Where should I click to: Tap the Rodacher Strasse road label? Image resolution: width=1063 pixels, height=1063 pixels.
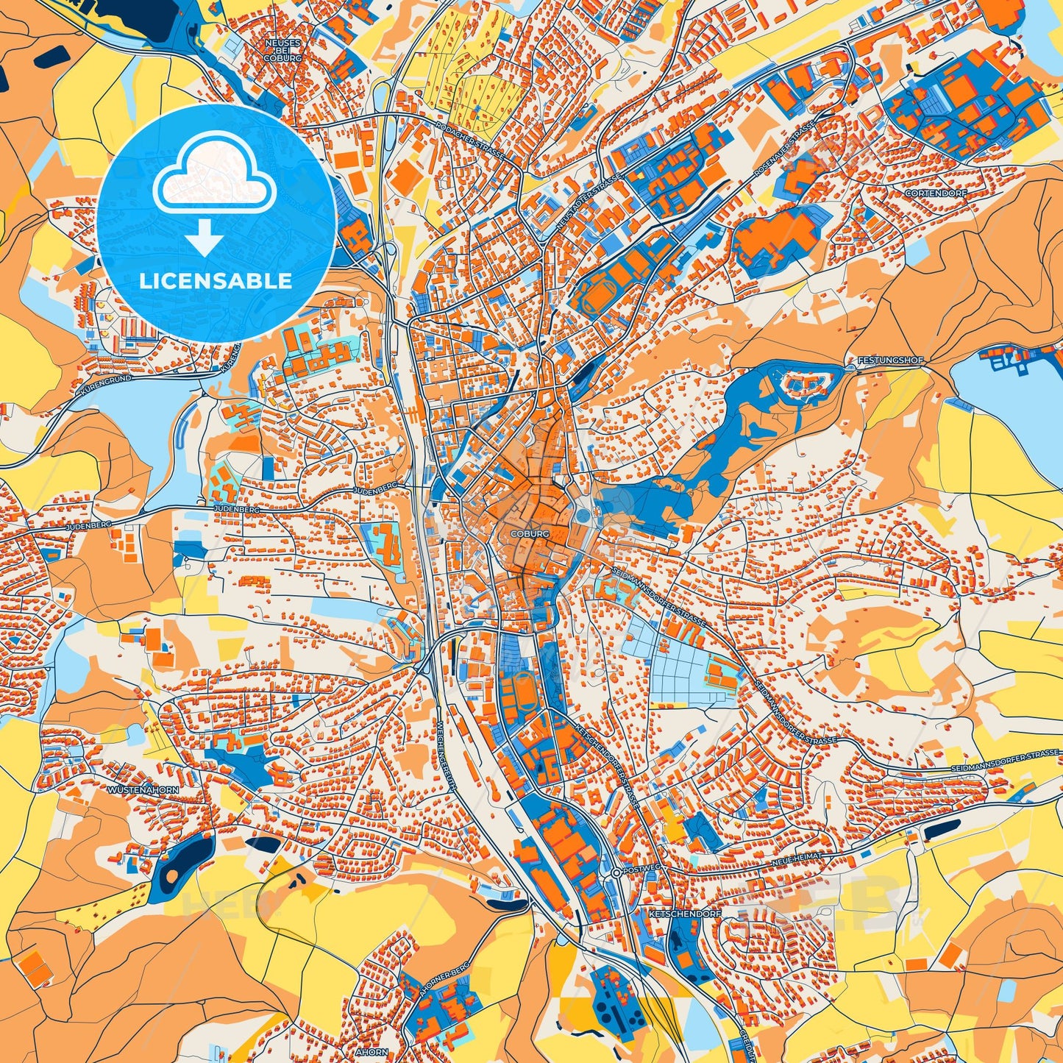[x=469, y=138]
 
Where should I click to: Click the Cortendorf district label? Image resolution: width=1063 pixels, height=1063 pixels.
[x=936, y=193]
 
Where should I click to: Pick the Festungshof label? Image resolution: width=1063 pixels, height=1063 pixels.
[x=889, y=361]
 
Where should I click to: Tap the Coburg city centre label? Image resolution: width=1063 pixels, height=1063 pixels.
[x=528, y=533]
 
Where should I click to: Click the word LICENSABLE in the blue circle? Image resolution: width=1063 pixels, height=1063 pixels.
[x=216, y=281]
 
